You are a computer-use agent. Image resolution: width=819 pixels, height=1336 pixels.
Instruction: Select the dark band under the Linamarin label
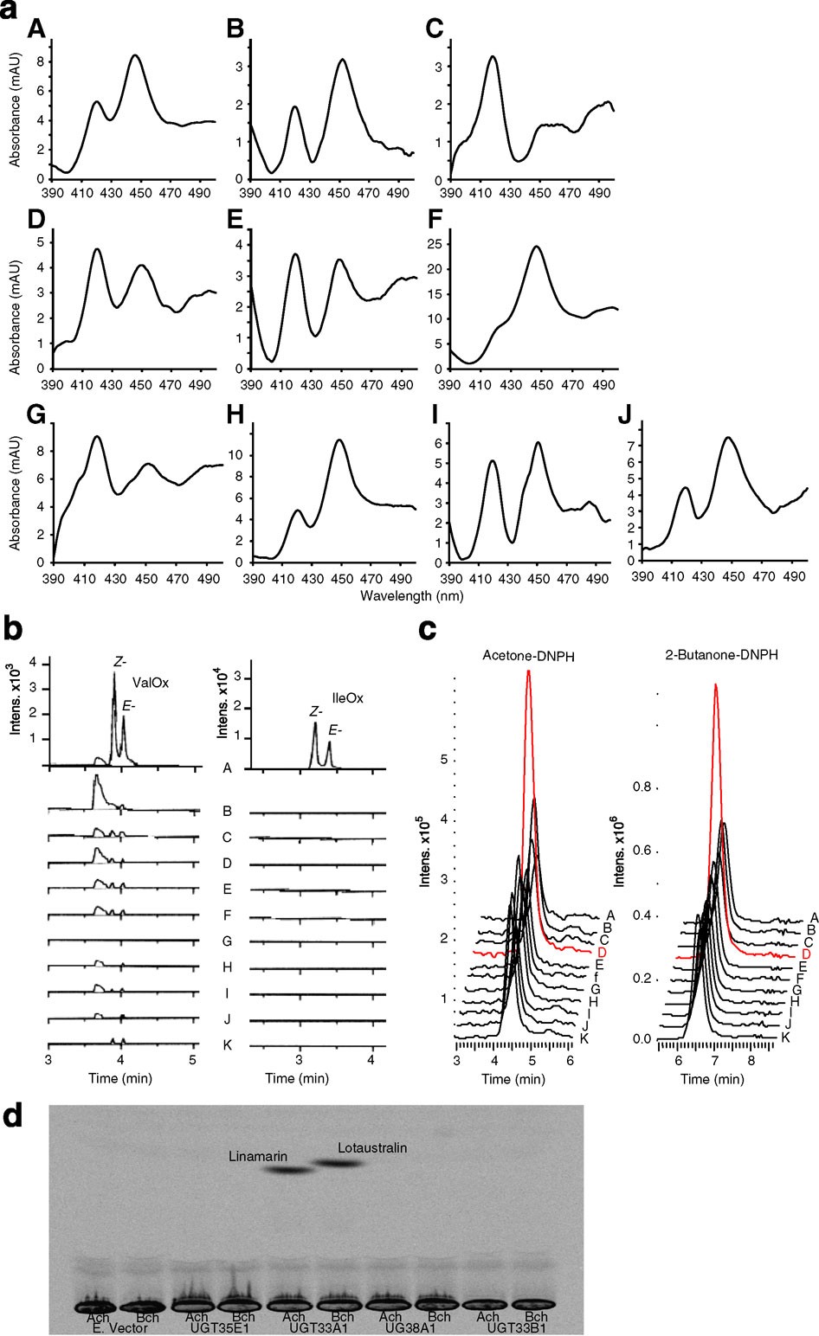(288, 1171)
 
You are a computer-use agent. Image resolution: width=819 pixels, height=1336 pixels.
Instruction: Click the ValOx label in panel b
(156, 682)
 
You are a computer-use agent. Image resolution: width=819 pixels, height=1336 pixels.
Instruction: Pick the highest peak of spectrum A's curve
(135, 55)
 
